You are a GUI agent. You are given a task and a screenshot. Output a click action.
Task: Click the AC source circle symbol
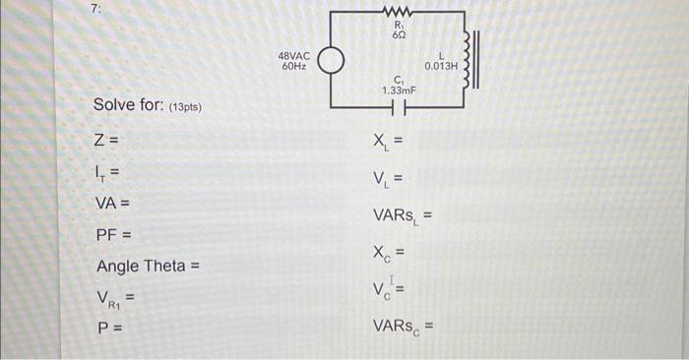point(331,61)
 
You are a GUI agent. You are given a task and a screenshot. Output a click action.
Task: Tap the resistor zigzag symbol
point(398,12)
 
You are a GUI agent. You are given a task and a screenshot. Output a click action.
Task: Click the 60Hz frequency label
point(294,67)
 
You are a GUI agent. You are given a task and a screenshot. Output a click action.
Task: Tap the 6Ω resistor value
point(399,34)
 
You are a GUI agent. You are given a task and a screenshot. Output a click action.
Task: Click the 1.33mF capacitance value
point(399,90)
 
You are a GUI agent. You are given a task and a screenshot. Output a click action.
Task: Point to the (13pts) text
point(185,106)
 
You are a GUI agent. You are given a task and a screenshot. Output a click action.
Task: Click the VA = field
point(113,204)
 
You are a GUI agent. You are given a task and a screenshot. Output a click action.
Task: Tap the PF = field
point(113,236)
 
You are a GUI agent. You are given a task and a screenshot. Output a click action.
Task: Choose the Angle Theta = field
point(149,268)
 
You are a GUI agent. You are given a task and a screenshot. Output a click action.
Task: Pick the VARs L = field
point(402,214)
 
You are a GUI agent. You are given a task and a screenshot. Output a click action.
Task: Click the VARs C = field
point(402,325)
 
